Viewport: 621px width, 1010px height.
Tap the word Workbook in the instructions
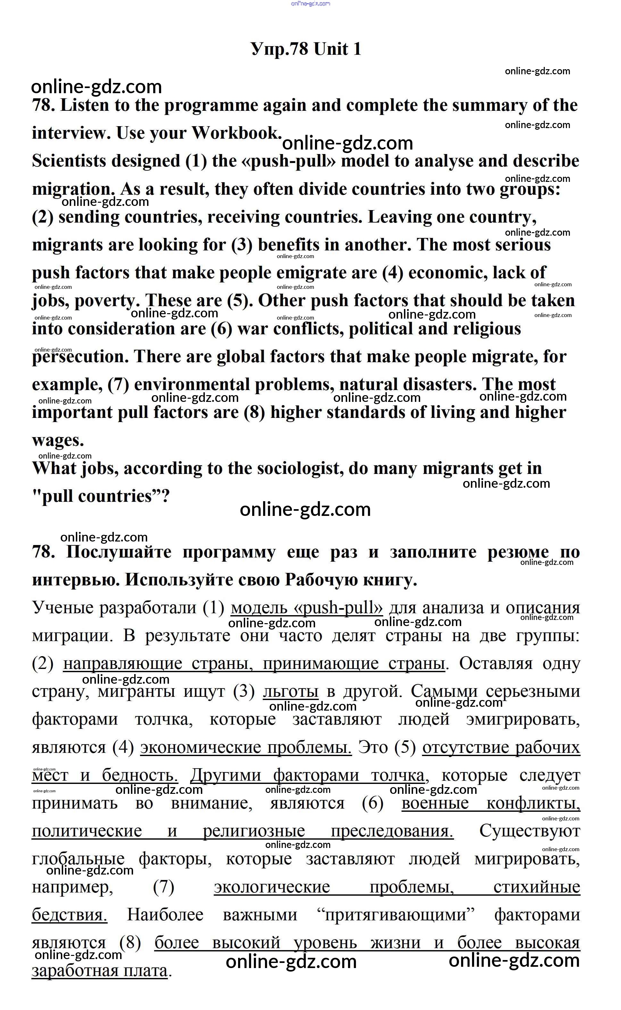pos(236,133)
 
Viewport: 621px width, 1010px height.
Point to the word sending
pos(89,217)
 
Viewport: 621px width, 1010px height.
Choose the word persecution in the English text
pos(80,357)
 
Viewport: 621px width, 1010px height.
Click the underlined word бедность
pos(140,775)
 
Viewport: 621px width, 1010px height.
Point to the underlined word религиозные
pos(254,832)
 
